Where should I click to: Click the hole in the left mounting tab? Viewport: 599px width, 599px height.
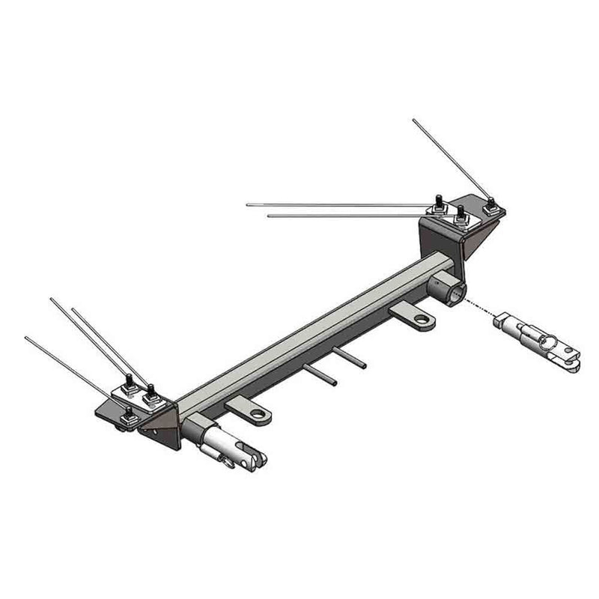click(x=257, y=413)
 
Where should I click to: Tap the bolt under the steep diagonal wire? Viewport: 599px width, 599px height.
click(x=491, y=206)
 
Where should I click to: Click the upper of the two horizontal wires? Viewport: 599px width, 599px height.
click(x=337, y=204)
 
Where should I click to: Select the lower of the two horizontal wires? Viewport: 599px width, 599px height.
click(x=344, y=216)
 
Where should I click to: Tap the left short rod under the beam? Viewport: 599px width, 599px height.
click(x=320, y=374)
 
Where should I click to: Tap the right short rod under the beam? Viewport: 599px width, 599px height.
click(x=350, y=357)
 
